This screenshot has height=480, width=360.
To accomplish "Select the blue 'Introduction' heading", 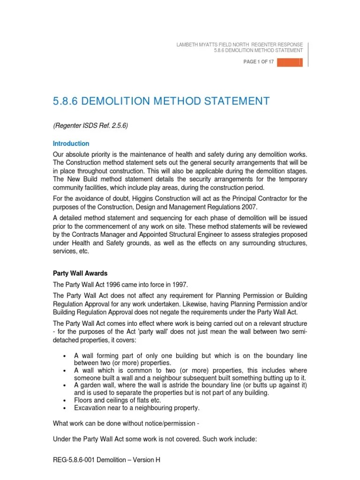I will (71, 143).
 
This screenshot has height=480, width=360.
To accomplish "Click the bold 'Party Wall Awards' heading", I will (80, 273).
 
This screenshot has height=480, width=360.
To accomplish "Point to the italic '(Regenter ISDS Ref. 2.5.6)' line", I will (90, 125).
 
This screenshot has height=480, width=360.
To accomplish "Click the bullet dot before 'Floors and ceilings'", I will (63, 400).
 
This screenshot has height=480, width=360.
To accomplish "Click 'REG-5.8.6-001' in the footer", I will (75, 460).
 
